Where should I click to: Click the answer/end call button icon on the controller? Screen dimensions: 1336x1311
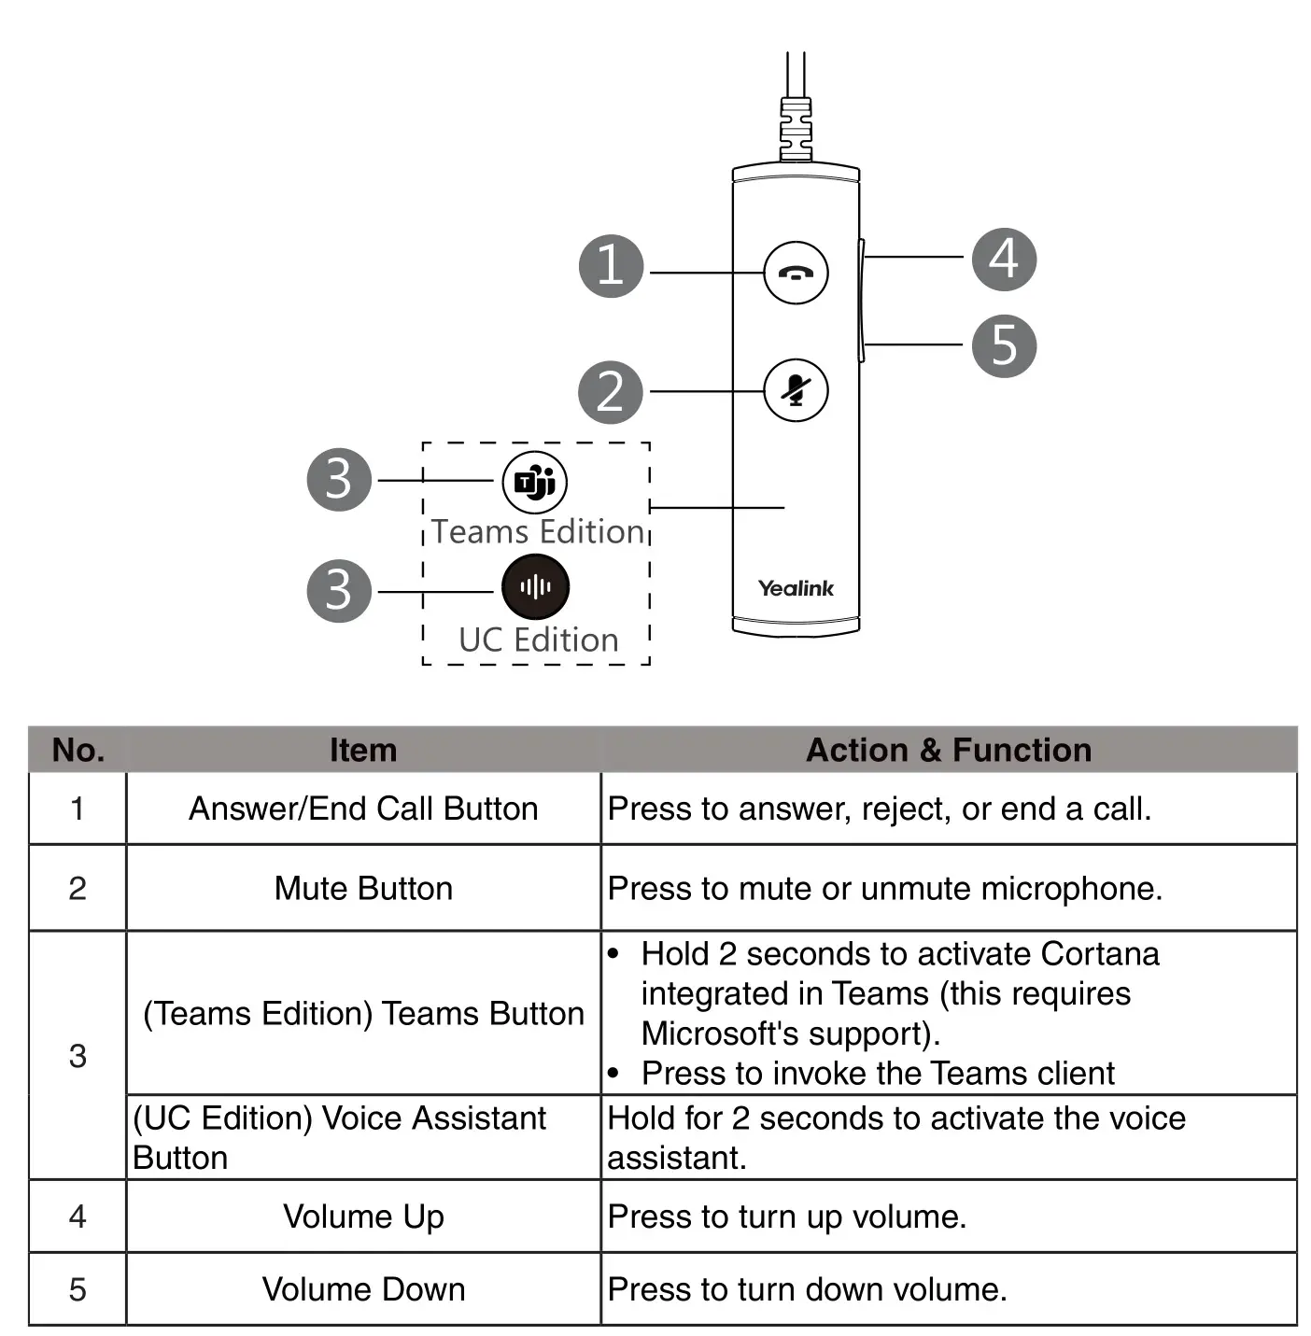point(796,273)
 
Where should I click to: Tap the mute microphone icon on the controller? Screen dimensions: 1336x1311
point(796,390)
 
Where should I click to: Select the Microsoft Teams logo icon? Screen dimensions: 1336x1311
point(534,482)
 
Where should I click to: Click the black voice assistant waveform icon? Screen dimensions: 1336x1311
point(535,586)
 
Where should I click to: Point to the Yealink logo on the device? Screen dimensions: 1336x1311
point(796,588)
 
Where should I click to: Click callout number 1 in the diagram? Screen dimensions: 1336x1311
point(612,265)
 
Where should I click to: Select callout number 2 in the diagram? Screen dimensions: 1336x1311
point(611,392)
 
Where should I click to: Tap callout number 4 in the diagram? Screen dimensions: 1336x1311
point(1004,259)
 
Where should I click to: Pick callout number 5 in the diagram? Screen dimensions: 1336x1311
point(1004,345)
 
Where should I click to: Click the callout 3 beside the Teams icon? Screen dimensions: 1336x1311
point(339,479)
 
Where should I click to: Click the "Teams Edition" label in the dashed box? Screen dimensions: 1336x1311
point(538,531)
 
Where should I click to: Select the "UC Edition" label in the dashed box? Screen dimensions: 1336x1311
point(539,640)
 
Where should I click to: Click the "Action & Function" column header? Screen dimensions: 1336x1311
point(948,750)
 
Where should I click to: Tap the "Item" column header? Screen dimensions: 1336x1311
point(362,750)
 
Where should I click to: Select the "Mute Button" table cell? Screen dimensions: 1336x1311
point(363,888)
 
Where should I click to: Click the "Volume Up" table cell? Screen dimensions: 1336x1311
point(363,1216)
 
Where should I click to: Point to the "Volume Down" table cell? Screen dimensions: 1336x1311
point(363,1289)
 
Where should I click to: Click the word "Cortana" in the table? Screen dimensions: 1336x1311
point(1099,953)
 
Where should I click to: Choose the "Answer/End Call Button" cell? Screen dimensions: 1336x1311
point(363,809)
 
